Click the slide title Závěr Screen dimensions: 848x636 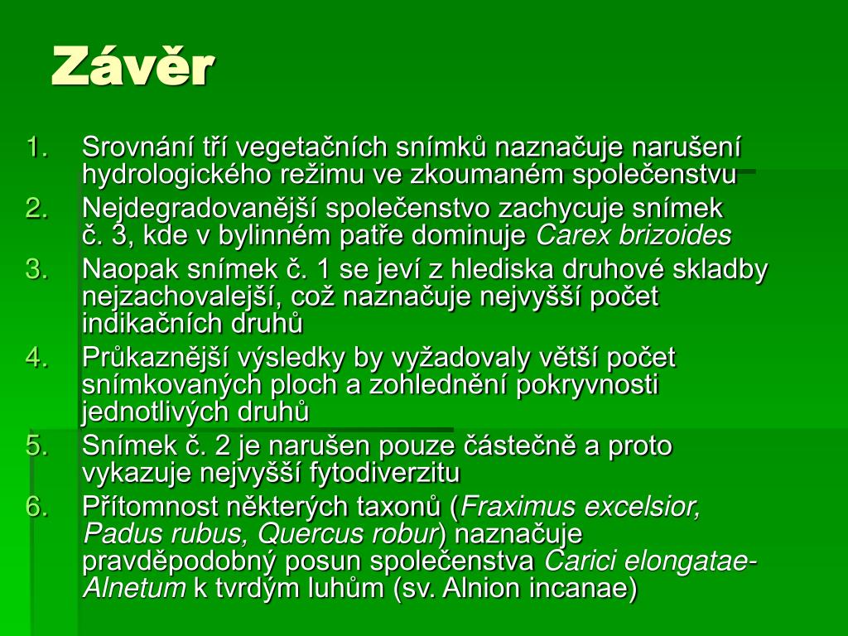[133, 66]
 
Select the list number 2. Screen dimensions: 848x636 [36, 208]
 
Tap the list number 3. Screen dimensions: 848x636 [36, 269]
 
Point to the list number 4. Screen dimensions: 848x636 [36, 358]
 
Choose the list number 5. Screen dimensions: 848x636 [36, 446]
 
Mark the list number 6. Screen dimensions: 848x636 [36, 507]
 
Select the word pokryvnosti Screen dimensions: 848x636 [587, 385]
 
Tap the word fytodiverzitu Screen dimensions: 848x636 [384, 473]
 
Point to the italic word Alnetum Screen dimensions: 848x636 [134, 588]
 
